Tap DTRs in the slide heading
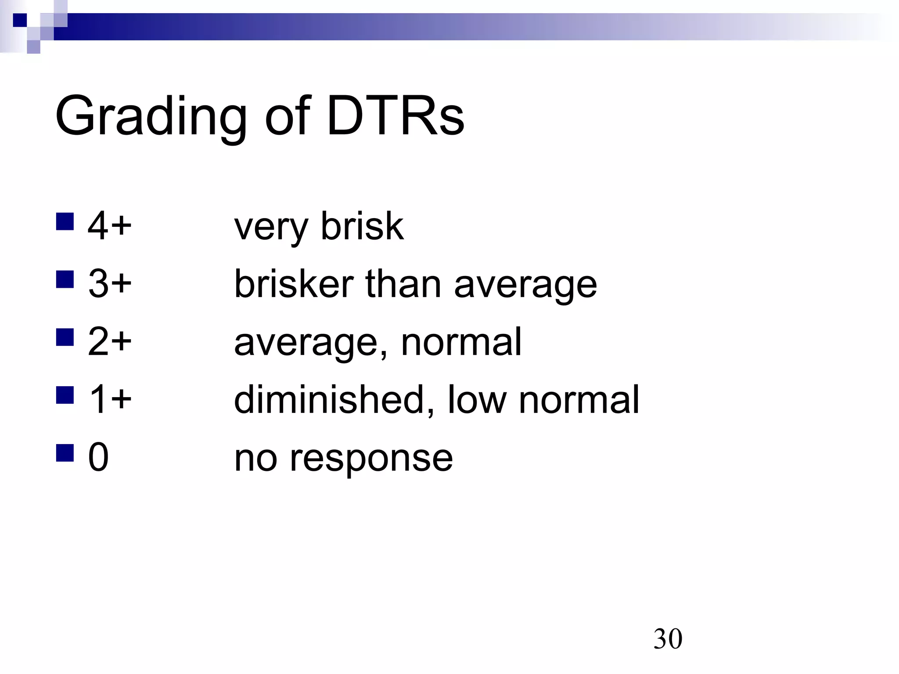pos(395,117)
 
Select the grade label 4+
pos(109,226)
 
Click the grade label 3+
pos(109,284)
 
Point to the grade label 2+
pos(109,342)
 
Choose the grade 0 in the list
pos(98,457)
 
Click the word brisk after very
pos(362,226)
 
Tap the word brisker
pos(294,284)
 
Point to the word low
pos(477,399)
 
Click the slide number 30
pos(668,639)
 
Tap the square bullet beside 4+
pos(65,222)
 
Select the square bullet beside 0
pos(65,453)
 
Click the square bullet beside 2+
pos(65,337)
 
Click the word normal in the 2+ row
pos(461,342)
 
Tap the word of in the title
pos(288,117)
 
